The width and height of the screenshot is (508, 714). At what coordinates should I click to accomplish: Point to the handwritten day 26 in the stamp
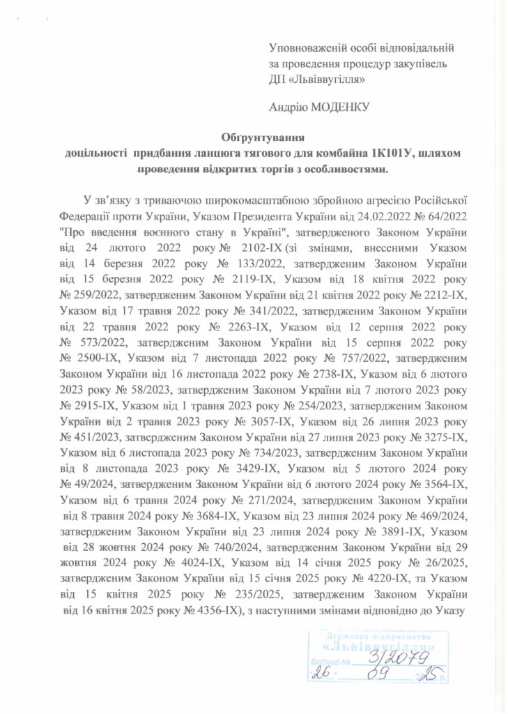point(321,674)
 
